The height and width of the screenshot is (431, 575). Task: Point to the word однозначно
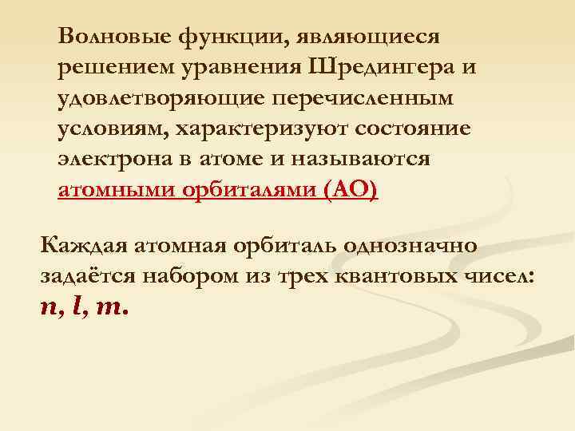(410, 245)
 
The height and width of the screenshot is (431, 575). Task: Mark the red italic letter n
(50, 309)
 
